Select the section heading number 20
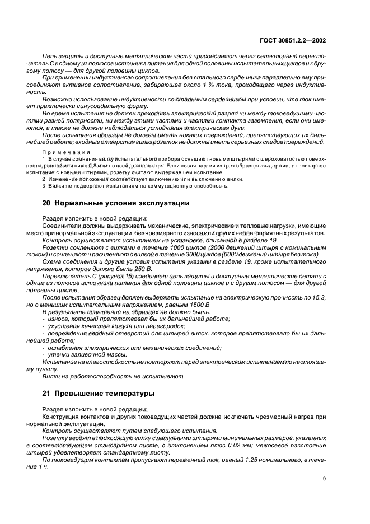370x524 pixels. tap(46, 203)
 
